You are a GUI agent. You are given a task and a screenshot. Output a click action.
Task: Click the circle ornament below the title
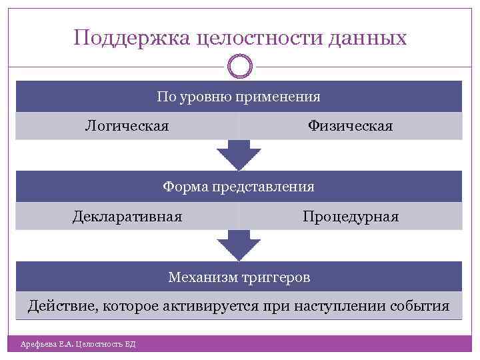(239, 67)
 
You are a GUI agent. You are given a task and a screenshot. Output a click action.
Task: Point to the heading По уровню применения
(239, 97)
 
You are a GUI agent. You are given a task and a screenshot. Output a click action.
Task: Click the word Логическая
(127, 125)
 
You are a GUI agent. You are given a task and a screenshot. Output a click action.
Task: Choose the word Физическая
(350, 125)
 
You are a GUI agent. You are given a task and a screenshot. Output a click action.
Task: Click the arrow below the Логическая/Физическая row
(239, 155)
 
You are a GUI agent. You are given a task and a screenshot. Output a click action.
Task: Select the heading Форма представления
(239, 187)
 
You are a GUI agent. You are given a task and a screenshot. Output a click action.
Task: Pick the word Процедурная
(350, 217)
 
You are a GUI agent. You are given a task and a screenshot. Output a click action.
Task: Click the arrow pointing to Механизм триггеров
(239, 245)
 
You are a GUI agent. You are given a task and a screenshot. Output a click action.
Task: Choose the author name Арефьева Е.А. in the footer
(47, 344)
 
